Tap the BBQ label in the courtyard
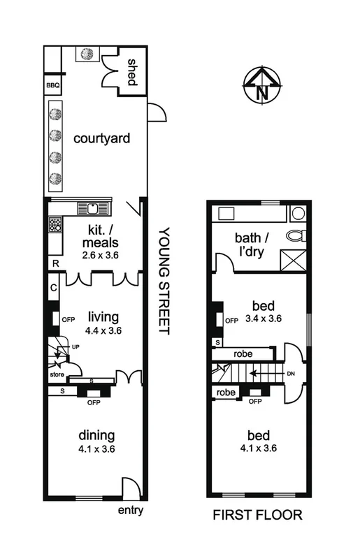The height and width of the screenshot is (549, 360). coord(54,86)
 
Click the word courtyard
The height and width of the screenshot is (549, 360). coord(102,138)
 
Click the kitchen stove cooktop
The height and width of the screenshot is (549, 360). coord(55,225)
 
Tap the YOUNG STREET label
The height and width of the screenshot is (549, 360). coord(165,280)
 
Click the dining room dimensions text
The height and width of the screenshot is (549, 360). coord(96,448)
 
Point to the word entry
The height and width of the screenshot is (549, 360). coord(131,511)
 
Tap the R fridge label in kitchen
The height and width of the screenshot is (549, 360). coord(54,264)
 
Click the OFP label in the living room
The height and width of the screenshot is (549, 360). coord(68,320)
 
